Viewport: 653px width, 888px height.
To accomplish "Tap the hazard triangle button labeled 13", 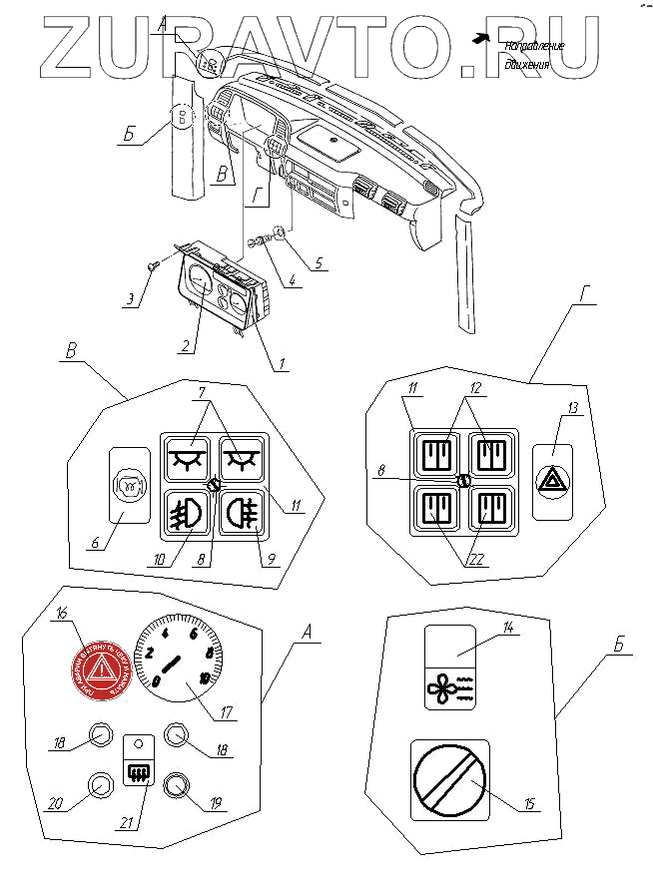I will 550,482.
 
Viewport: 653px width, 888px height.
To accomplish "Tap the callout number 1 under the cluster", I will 284,364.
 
